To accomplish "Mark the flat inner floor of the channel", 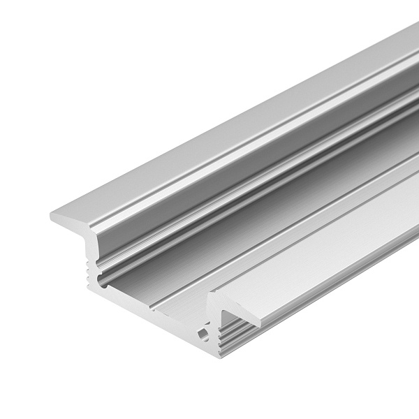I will [209, 237].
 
